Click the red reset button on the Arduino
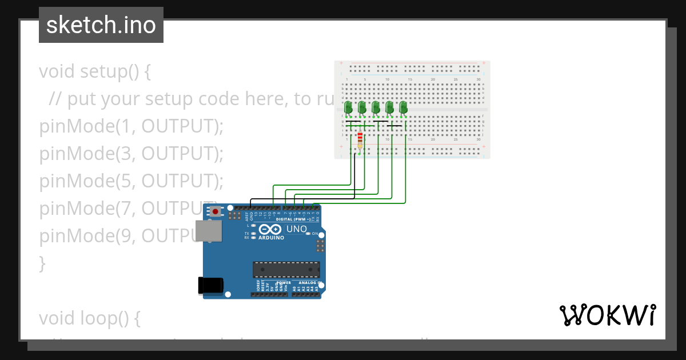(215, 212)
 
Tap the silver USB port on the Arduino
(208, 231)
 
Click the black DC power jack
(209, 286)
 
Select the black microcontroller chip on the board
(286, 270)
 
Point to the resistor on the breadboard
(360, 140)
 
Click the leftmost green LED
(348, 107)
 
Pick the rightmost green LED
(403, 107)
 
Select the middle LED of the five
(376, 107)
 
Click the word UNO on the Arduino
(296, 229)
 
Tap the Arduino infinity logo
(268, 229)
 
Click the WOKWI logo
(607, 315)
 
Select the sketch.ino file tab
(101, 25)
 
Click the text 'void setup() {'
(95, 72)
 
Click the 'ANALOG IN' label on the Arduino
(308, 282)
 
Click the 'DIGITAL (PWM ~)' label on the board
(293, 219)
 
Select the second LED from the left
(362, 107)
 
